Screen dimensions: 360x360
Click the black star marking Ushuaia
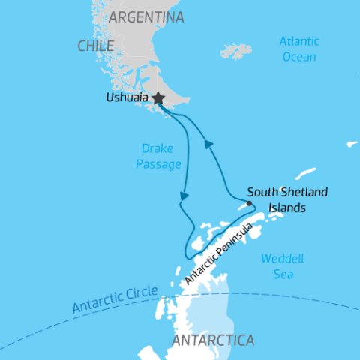(x=157, y=98)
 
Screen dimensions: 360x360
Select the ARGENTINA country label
(x=145, y=16)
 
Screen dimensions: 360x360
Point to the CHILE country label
(x=95, y=46)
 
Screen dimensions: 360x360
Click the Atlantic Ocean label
(x=298, y=49)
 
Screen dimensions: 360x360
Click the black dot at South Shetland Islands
(x=249, y=202)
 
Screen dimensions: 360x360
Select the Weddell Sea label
(x=282, y=266)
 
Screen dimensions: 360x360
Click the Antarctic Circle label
(x=115, y=298)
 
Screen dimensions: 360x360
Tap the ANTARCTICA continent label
(x=213, y=340)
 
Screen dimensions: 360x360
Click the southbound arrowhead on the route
(x=182, y=197)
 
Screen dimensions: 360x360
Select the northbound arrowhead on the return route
(x=208, y=144)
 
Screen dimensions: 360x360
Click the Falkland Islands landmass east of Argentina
(x=237, y=52)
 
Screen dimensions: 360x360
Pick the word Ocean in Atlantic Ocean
(x=298, y=56)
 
